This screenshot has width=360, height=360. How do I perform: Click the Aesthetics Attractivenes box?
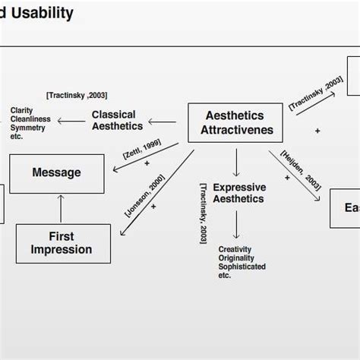coord(235,123)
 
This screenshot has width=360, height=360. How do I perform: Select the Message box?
coord(57,173)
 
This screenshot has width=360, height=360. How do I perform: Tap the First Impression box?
coord(61,243)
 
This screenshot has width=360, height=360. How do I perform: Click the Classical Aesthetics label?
coord(113,121)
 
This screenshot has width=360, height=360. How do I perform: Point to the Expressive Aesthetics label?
coord(238,193)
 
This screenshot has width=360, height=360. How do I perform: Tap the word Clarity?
coord(21,111)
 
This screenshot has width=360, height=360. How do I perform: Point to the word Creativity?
coord(235,249)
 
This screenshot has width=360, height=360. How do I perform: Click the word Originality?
coord(236,258)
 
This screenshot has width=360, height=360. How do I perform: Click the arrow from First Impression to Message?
coord(60,209)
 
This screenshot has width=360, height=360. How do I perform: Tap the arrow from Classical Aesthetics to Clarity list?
coord(71,122)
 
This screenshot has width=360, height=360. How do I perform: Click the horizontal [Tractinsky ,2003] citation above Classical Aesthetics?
coord(76,95)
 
